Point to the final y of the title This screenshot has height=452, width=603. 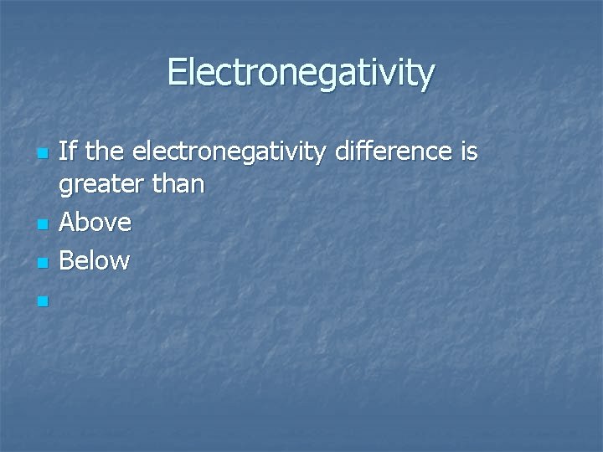pyautogui.click(x=427, y=77)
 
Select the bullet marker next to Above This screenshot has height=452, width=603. pyautogui.click(x=44, y=224)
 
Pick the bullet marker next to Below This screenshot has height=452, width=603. pyautogui.click(x=44, y=263)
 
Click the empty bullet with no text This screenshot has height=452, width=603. pyautogui.click(x=44, y=300)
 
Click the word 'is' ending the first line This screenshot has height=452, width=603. pyautogui.click(x=468, y=152)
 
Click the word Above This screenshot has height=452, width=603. pyautogui.click(x=95, y=223)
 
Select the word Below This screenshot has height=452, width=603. pyautogui.click(x=95, y=260)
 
